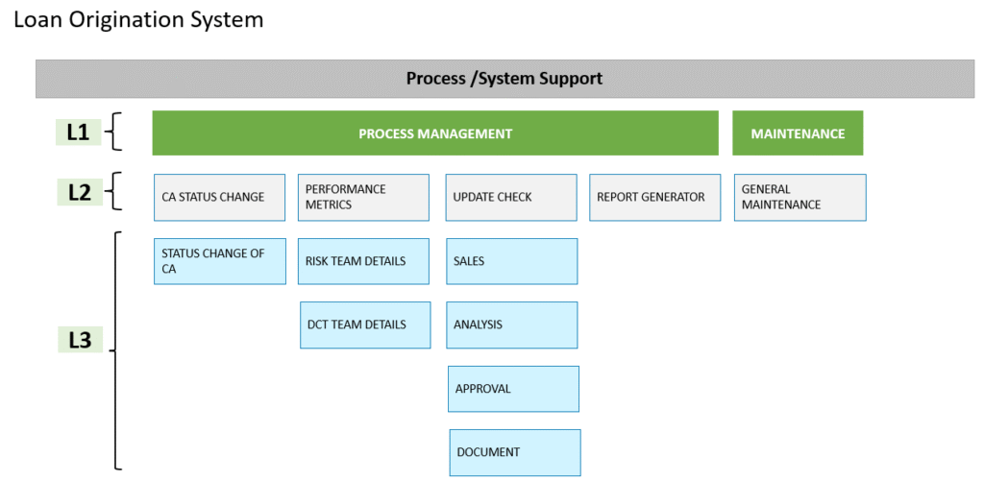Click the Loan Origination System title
[x=138, y=20]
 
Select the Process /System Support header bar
[x=505, y=79]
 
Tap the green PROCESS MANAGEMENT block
[x=435, y=132]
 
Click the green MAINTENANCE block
[x=798, y=132]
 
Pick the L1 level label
[x=79, y=132]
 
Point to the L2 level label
[x=79, y=193]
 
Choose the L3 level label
[x=81, y=340]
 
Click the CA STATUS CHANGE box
[x=220, y=198]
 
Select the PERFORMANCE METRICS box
[x=363, y=198]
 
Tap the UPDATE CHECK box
[x=511, y=198]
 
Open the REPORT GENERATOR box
[x=654, y=198]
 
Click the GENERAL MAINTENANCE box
[x=800, y=198]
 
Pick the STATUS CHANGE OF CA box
[x=220, y=261]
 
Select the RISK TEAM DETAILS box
[x=363, y=261]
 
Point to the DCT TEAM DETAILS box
[x=365, y=325]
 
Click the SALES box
[x=512, y=261]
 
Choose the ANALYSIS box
[x=512, y=325]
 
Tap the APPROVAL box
[x=513, y=389]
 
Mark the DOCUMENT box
[x=515, y=453]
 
